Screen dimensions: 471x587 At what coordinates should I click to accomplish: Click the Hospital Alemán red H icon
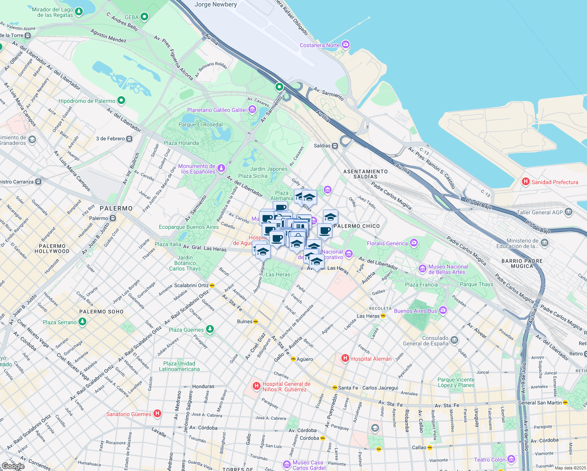click(x=345, y=358)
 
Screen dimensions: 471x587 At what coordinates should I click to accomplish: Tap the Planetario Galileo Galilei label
click(x=217, y=110)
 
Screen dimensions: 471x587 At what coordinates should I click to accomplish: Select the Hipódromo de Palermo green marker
click(x=121, y=100)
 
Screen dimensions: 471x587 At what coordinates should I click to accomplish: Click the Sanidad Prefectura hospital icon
click(x=525, y=182)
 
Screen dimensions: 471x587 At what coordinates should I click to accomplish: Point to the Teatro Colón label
click(x=489, y=460)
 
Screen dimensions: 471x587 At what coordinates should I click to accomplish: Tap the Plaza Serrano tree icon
click(x=82, y=322)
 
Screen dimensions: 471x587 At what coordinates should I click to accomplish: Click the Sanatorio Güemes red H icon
click(x=157, y=413)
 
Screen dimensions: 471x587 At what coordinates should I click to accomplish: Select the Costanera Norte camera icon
click(x=346, y=44)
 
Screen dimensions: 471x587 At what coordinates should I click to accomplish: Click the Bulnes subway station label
click(x=244, y=321)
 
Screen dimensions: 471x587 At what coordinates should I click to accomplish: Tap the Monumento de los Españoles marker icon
click(x=221, y=168)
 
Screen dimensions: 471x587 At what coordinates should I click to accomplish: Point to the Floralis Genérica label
click(x=387, y=243)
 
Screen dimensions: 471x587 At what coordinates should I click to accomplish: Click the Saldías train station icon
click(x=335, y=146)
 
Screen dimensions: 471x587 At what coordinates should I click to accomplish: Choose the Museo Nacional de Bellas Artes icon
click(x=423, y=269)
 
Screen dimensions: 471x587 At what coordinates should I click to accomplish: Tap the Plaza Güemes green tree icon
click(x=210, y=329)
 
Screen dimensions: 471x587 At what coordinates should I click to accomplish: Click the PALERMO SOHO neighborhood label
click(x=101, y=312)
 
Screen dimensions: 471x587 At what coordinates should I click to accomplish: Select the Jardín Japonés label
click(x=269, y=169)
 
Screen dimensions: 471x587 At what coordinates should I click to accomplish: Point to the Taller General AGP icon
click(x=569, y=212)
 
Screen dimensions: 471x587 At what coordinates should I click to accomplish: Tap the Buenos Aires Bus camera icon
click(x=443, y=310)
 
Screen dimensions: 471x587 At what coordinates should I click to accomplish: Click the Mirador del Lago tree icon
click(x=79, y=12)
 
